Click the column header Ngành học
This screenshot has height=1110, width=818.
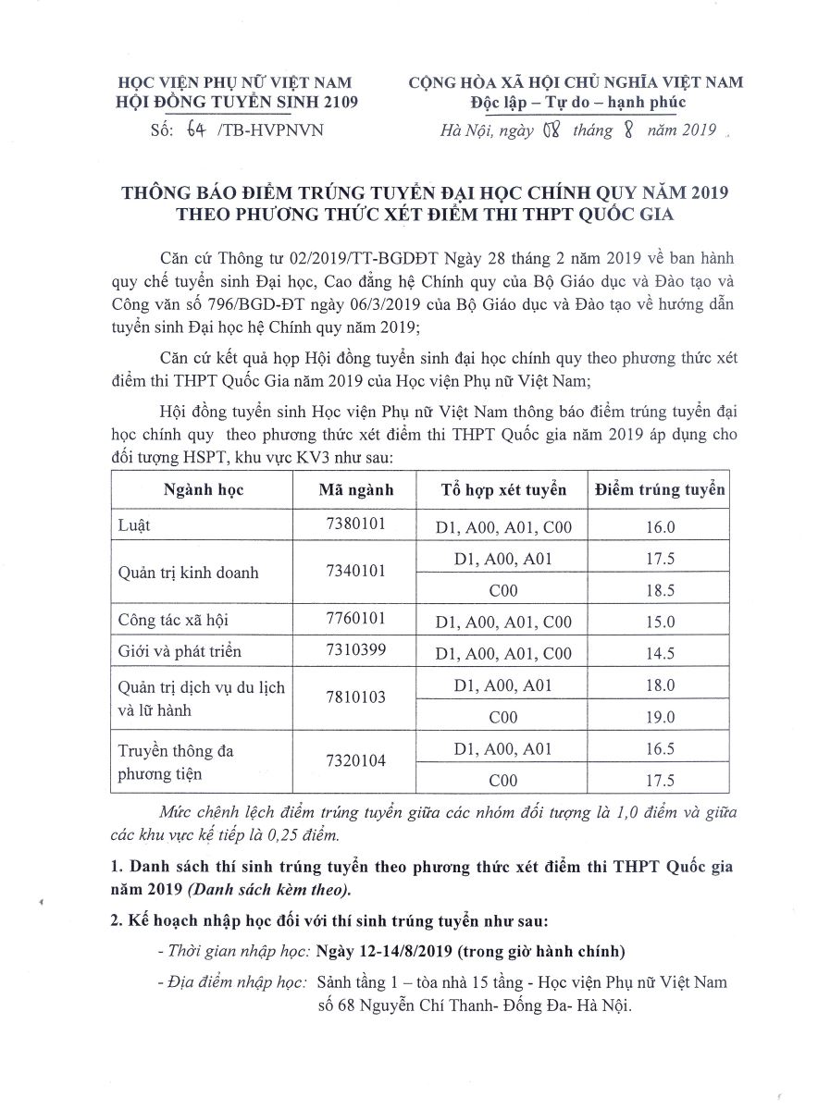click(x=204, y=490)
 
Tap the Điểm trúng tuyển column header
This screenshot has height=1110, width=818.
click(x=659, y=489)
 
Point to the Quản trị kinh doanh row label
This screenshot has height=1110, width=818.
click(x=189, y=573)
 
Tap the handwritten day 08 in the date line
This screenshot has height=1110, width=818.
click(x=552, y=130)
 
